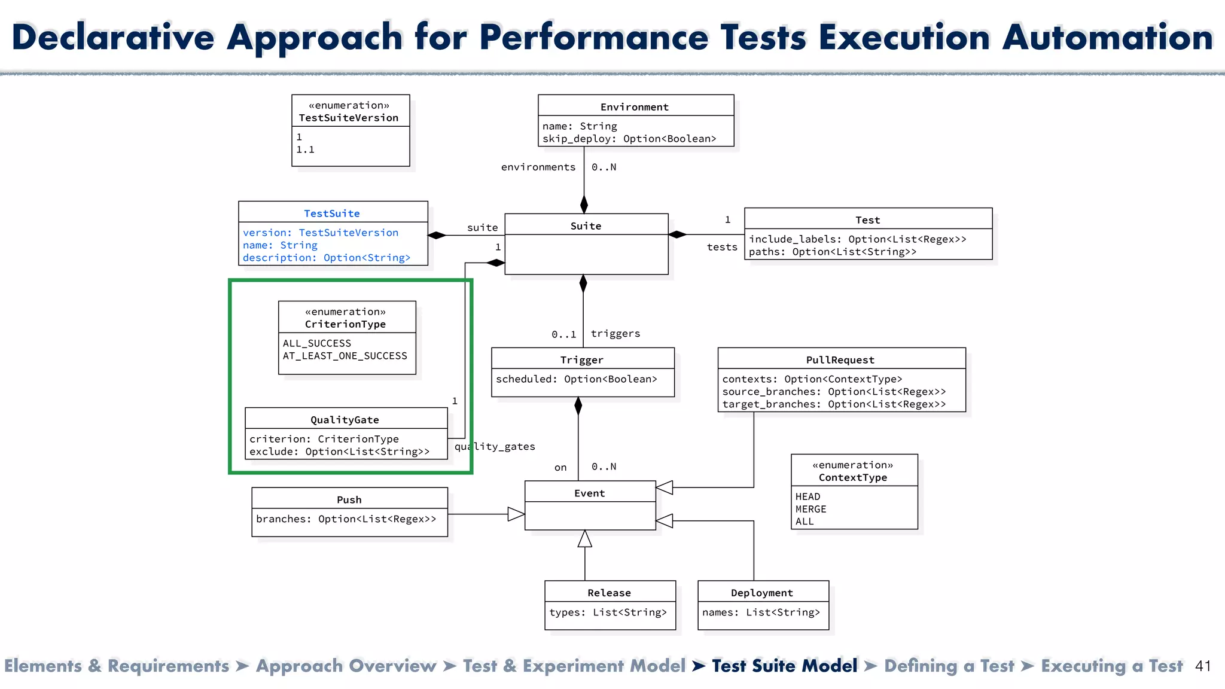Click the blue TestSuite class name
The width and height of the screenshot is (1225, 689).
pyautogui.click(x=331, y=214)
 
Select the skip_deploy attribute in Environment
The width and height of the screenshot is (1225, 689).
pyautogui.click(x=629, y=139)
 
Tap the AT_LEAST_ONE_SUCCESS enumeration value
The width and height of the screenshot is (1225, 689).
pyautogui.click(x=345, y=356)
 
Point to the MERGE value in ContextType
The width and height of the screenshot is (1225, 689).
pyautogui.click(x=810, y=509)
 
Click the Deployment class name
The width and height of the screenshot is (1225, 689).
pyautogui.click(x=761, y=593)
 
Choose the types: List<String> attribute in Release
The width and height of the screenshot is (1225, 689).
pyautogui.click(x=608, y=612)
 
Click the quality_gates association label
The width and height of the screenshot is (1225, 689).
pyautogui.click(x=495, y=447)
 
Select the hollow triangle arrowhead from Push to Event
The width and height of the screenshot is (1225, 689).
pyautogui.click(x=516, y=514)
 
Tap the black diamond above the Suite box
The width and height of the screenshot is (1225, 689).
pyautogui.click(x=584, y=204)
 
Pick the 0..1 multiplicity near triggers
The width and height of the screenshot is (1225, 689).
pyautogui.click(x=563, y=334)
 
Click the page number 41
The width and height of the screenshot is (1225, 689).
pyautogui.click(x=1203, y=666)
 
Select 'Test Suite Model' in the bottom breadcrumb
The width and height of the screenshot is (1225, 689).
pyautogui.click(x=784, y=666)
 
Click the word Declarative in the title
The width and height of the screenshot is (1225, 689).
pyautogui.click(x=113, y=37)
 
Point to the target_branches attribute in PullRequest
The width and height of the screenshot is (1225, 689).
pyautogui.click(x=834, y=404)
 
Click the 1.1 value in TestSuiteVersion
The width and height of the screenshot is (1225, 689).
pyautogui.click(x=305, y=150)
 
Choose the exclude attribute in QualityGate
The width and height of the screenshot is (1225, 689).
pyautogui.click(x=339, y=452)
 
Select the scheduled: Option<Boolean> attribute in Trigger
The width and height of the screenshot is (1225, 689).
pyautogui.click(x=576, y=379)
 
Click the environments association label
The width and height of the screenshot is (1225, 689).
pyautogui.click(x=538, y=167)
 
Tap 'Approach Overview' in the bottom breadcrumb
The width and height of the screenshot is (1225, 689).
pyautogui.click(x=346, y=666)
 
